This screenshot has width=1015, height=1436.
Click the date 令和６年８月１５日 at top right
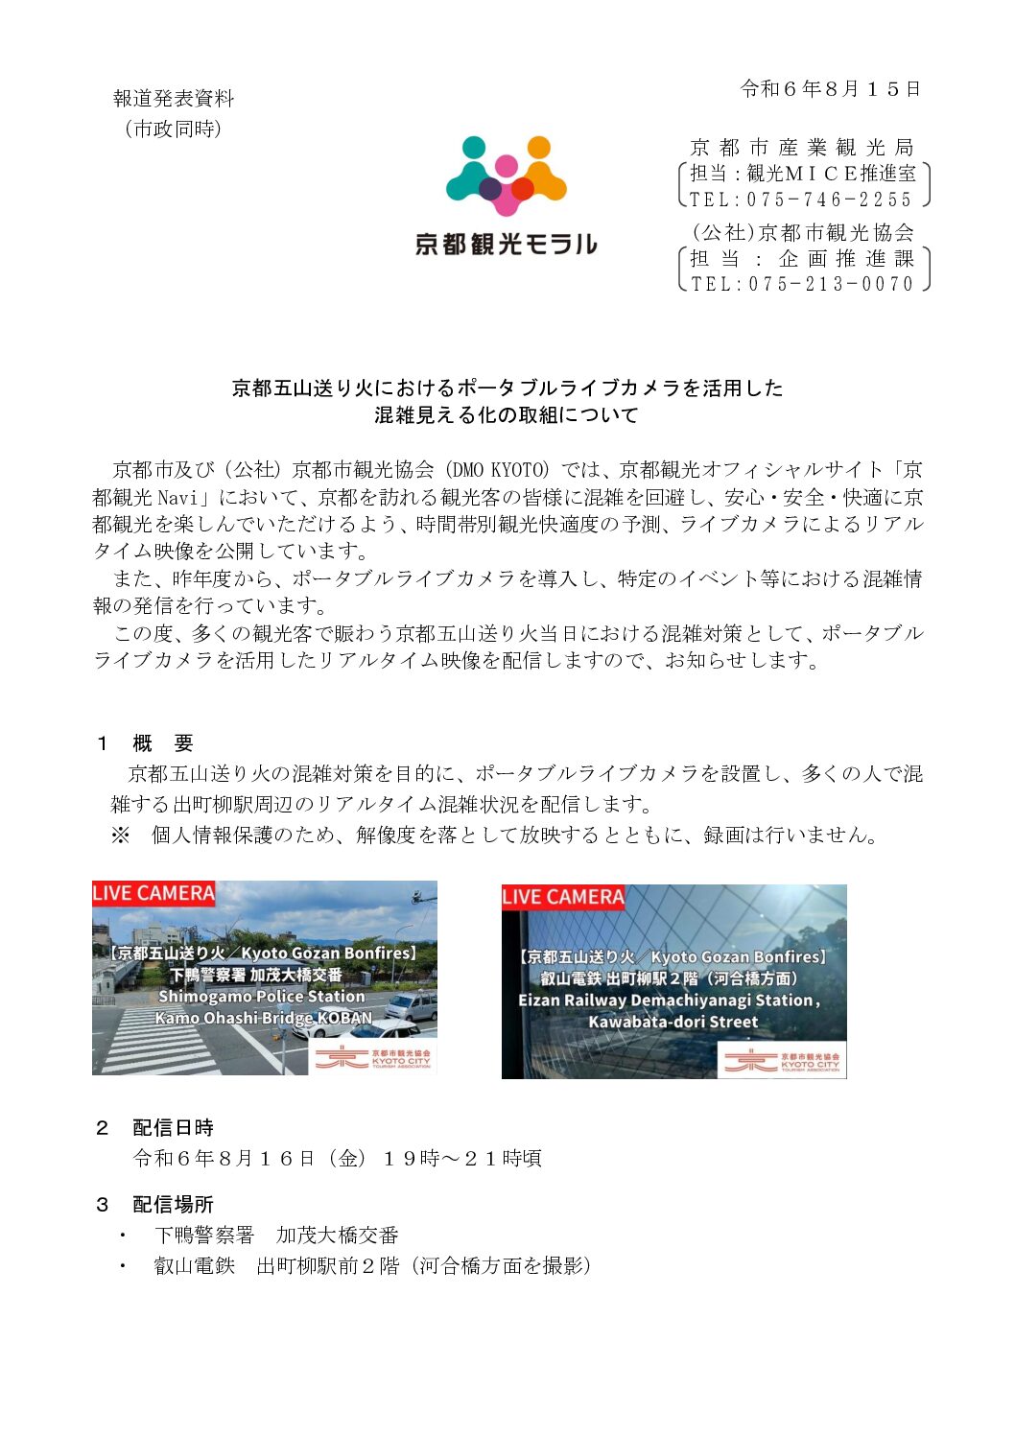[831, 89]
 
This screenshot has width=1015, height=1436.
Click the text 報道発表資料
[174, 98]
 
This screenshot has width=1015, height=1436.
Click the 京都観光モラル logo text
[506, 245]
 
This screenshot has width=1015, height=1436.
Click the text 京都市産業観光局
[802, 148]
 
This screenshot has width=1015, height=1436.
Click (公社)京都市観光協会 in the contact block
[803, 232]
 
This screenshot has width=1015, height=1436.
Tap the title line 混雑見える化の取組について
[507, 415]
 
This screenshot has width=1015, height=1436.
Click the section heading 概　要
[163, 743]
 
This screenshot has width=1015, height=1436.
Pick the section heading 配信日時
[173, 1128]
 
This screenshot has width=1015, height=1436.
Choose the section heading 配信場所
[173, 1205]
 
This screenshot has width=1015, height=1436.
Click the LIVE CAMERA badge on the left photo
[153, 893]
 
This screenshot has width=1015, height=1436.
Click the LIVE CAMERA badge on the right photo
[563, 897]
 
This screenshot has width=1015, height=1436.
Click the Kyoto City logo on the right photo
[781, 1061]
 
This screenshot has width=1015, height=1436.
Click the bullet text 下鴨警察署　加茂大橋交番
[276, 1236]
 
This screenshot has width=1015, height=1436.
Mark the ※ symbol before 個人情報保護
[120, 836]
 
